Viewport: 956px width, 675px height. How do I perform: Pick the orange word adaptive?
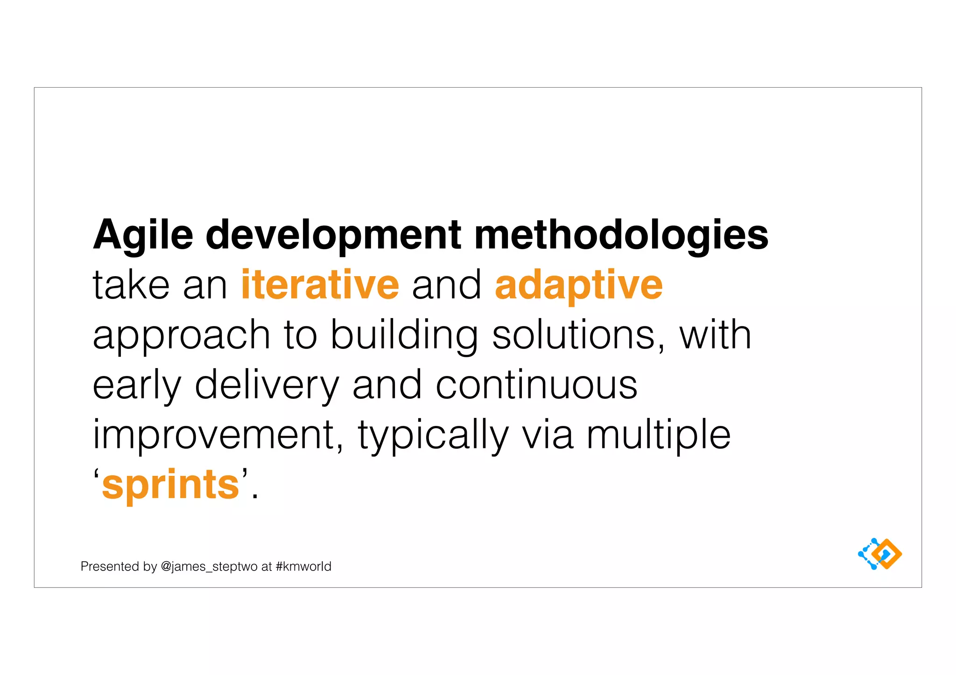(x=579, y=285)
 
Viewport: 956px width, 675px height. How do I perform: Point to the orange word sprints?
(x=170, y=485)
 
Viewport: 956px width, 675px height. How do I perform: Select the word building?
(x=404, y=336)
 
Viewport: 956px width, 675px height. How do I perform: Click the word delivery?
(x=267, y=386)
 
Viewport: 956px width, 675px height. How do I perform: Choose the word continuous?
(x=536, y=385)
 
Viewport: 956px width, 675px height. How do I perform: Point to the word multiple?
(x=658, y=435)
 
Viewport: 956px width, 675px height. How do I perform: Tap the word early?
(x=136, y=386)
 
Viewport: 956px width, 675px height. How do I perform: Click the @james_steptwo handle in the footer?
(x=209, y=566)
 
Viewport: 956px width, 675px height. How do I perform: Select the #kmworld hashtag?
(x=303, y=566)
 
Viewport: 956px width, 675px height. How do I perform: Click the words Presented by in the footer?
(x=119, y=566)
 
